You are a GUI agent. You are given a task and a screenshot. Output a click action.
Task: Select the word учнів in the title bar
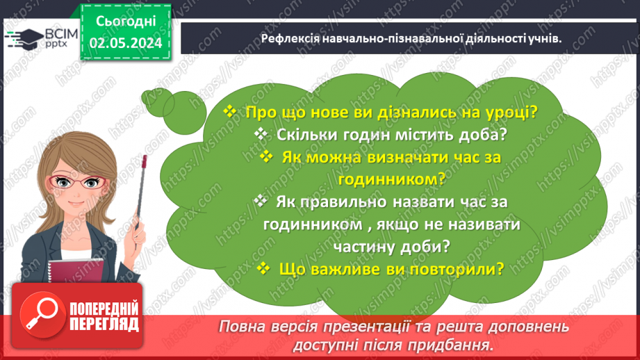[544, 39]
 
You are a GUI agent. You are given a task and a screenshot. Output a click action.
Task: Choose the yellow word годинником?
[391, 179]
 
